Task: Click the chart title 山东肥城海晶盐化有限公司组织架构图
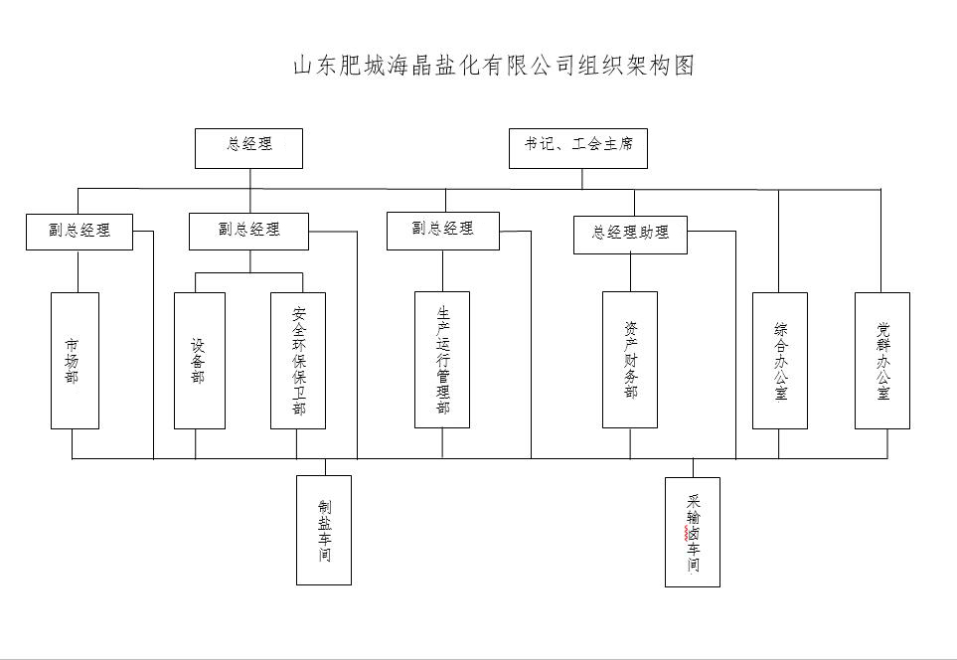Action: pos(493,66)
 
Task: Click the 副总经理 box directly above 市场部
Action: pos(80,232)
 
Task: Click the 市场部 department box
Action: pos(75,360)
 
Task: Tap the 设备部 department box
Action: pos(199,360)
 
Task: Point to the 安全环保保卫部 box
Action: pos(298,360)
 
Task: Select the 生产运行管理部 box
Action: pos(442,359)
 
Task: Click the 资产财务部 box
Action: pos(630,359)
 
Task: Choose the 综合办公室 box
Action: pos(779,360)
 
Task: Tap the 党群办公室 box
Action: pos(882,360)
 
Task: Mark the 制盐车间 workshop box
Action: pos(324,530)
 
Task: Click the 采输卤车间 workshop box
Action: pos(693,532)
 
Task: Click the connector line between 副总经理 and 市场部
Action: pos(77,270)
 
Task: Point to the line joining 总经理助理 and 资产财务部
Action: pos(630,272)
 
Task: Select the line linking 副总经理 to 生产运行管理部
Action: pos(442,270)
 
